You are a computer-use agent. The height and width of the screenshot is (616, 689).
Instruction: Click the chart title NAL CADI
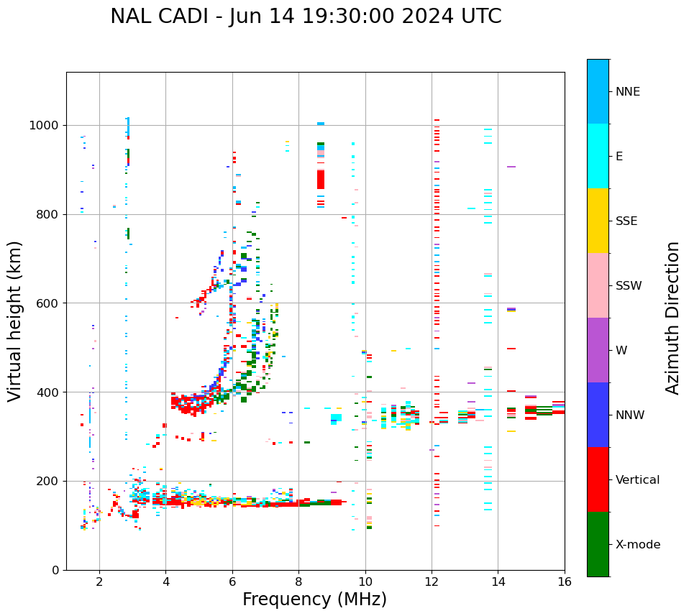pyautogui.click(x=306, y=17)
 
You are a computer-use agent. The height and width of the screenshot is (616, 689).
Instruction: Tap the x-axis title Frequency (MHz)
pyautogui.click(x=314, y=599)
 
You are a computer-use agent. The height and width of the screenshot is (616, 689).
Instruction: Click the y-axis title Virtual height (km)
pyautogui.click(x=15, y=321)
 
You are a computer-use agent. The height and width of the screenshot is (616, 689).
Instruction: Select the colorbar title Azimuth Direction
pyautogui.click(x=672, y=318)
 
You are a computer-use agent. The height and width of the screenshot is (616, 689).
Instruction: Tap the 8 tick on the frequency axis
pyautogui.click(x=298, y=581)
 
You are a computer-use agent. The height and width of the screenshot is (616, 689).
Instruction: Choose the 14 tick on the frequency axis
pyautogui.click(x=498, y=581)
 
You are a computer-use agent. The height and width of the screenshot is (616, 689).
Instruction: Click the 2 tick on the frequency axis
pyautogui.click(x=99, y=581)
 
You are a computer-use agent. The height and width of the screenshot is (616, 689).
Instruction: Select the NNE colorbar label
pyautogui.click(x=627, y=92)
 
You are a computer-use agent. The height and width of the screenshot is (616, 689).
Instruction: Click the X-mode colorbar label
pyautogui.click(x=637, y=545)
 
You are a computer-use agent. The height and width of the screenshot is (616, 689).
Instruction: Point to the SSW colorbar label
pyautogui.click(x=629, y=286)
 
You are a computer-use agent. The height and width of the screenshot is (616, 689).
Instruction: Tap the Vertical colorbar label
pyautogui.click(x=637, y=480)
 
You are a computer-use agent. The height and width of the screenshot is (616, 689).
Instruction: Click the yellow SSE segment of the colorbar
pyautogui.click(x=598, y=221)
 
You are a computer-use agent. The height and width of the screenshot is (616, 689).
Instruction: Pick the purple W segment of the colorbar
pyautogui.click(x=598, y=350)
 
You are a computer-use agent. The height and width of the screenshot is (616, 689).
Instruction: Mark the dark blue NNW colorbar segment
pyautogui.click(x=598, y=415)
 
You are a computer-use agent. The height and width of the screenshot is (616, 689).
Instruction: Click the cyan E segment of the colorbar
pyautogui.click(x=598, y=156)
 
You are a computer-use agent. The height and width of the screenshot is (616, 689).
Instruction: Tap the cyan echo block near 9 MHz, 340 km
pyautogui.click(x=336, y=418)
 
